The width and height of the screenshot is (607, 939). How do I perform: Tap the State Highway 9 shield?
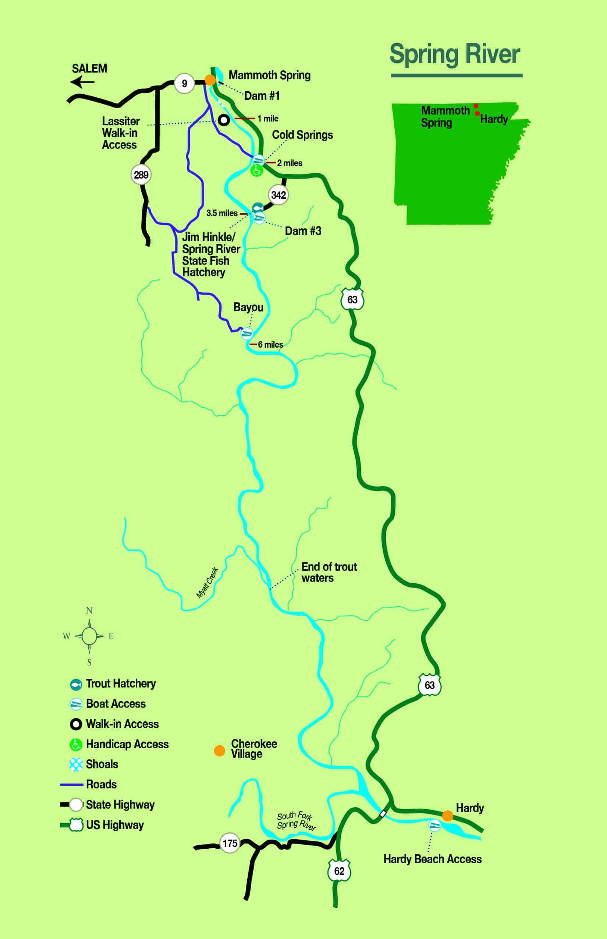coord(184,83)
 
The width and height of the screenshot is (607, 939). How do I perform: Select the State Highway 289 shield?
coord(141,175)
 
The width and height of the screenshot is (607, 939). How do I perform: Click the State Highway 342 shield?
coord(278,195)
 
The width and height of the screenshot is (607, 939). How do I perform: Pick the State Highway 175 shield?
coord(230,843)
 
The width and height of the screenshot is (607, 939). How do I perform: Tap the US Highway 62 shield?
coord(339,871)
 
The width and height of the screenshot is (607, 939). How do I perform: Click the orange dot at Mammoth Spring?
coord(210,80)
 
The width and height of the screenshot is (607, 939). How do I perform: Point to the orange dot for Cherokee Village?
coord(219,750)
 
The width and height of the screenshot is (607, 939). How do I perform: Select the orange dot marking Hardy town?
coord(447,816)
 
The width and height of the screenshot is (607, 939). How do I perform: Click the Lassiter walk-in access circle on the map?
coord(224,120)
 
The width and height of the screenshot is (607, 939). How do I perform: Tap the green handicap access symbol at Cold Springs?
coord(257,170)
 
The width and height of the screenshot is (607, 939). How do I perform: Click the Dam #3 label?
coord(303,231)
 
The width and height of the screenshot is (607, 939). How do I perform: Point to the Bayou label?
coord(248,307)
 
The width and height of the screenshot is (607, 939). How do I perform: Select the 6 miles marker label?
coord(270,344)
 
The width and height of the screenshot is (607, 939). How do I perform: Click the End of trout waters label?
coord(329,572)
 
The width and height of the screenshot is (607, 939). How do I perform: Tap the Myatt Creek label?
coord(207,582)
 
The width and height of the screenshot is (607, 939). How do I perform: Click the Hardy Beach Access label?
coord(432,859)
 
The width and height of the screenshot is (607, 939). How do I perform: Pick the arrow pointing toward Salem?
coord(82,82)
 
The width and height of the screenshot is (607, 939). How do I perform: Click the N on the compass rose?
coord(89,611)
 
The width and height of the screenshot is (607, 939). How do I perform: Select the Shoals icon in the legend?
coord(76,764)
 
